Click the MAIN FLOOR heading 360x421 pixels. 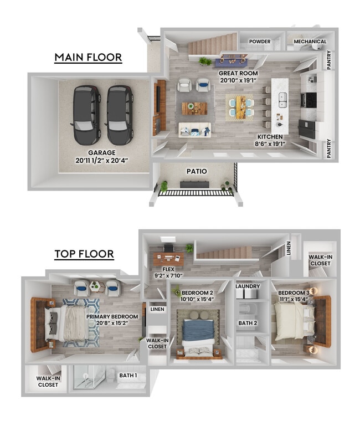click(x=88, y=57)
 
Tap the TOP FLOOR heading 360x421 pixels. click(x=84, y=254)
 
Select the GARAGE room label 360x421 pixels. click(x=102, y=152)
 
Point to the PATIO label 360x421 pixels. click(x=197, y=171)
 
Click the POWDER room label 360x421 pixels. click(x=260, y=42)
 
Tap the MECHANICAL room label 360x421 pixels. click(x=310, y=42)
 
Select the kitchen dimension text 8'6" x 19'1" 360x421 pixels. click(x=270, y=144)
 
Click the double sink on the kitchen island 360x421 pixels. click(x=282, y=100)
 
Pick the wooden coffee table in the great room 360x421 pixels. click(x=194, y=108)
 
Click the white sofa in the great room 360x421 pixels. click(x=194, y=130)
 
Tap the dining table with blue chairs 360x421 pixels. click(x=241, y=107)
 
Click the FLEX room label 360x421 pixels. click(x=168, y=269)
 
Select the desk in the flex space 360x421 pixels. click(x=168, y=259)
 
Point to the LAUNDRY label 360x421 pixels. click(x=248, y=286)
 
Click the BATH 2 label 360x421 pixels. click(x=248, y=323)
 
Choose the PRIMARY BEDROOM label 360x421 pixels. click(x=112, y=317)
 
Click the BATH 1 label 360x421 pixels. click(x=128, y=376)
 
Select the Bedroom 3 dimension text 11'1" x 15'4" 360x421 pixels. click(x=293, y=299)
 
